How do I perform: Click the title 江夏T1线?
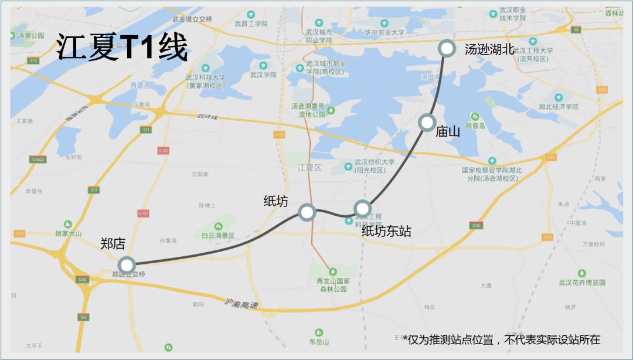122,47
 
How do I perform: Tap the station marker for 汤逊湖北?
447,48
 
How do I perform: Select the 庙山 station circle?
427,123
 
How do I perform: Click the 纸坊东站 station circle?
362,208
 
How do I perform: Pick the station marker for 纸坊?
307,212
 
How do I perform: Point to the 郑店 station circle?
126,265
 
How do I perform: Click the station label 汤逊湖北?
489,50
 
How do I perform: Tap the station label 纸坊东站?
386,232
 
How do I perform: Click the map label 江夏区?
309,168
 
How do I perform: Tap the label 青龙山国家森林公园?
332,285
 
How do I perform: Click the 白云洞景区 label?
218,235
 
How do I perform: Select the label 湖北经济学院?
558,107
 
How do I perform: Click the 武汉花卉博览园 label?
581,282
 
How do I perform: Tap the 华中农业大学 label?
384,33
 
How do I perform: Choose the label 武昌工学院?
251,24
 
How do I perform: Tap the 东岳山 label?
319,341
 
